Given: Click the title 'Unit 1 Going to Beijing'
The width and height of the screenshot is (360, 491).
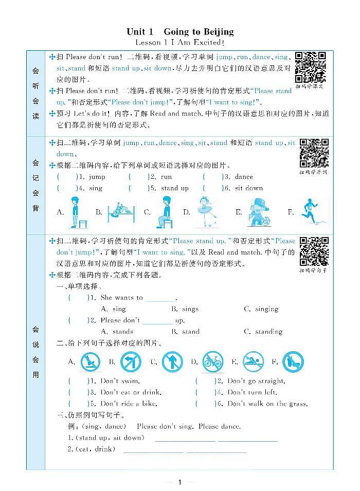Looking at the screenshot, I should point(179,32).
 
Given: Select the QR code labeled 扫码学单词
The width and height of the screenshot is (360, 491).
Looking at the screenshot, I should point(314,153).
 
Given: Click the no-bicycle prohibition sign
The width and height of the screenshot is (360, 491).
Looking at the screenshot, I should point(212,362).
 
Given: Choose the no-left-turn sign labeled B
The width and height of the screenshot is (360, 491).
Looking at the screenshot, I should point(131,362).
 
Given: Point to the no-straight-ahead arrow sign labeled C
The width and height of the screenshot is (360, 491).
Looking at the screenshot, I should point(172,362).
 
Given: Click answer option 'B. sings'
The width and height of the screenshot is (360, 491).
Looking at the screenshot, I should point(185,309).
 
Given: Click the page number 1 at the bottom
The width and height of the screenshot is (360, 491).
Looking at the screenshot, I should point(179,482).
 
